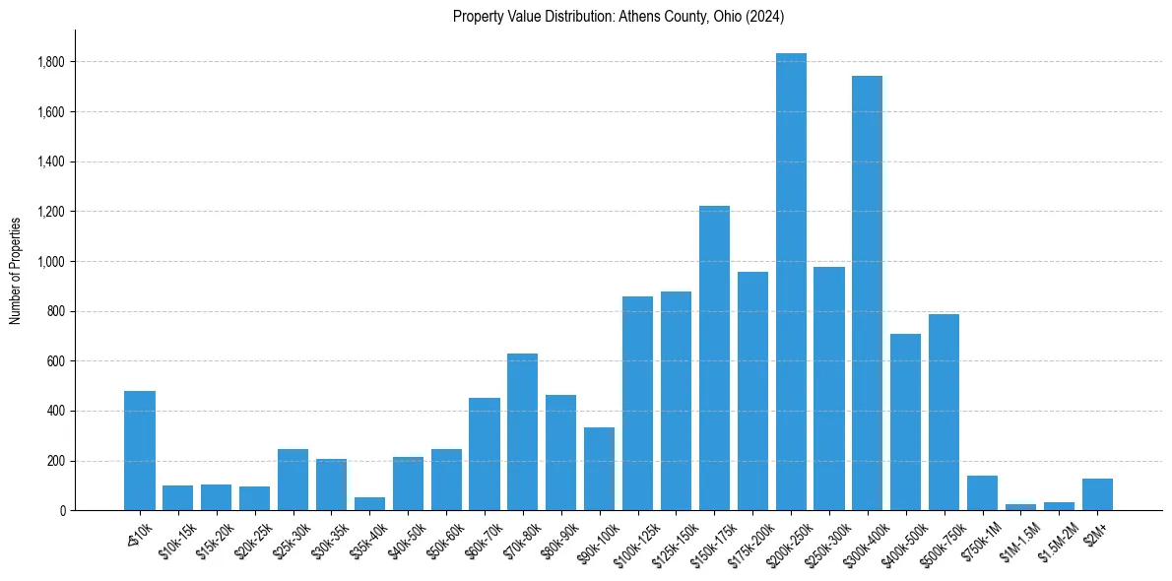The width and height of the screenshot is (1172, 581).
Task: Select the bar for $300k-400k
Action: click(x=868, y=293)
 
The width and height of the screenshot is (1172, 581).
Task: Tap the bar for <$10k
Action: click(x=140, y=451)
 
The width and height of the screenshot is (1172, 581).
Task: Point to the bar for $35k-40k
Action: click(x=369, y=504)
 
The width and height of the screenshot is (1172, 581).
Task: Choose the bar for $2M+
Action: click(x=1097, y=494)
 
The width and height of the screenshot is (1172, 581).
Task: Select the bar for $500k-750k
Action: click(x=944, y=413)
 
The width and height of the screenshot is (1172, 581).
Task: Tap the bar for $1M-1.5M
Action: click(x=1020, y=507)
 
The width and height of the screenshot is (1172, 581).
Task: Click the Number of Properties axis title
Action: click(x=16, y=270)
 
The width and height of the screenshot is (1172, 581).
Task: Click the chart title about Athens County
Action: click(x=619, y=16)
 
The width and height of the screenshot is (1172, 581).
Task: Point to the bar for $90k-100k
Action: click(x=599, y=469)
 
